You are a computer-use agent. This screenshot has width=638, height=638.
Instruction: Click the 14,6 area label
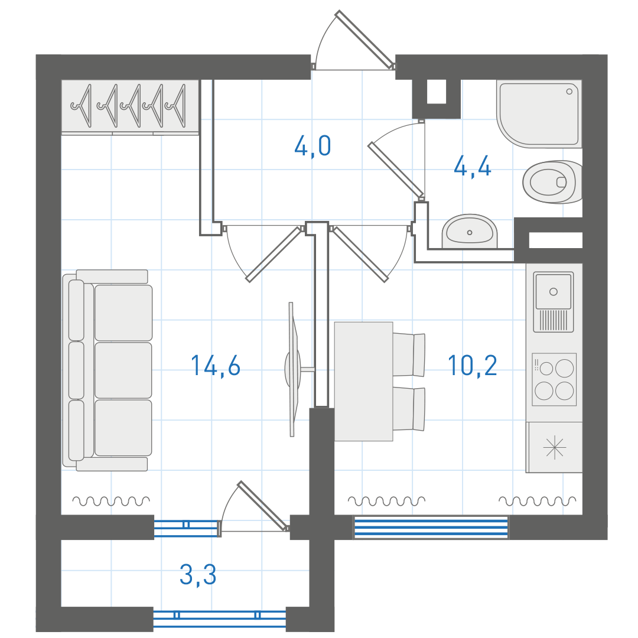tap(216, 366)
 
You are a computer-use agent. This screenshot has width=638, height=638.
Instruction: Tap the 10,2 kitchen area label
tap(473, 366)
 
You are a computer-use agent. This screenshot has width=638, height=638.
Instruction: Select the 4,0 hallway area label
tap(313, 147)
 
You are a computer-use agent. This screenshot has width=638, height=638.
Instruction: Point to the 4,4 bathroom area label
tap(473, 167)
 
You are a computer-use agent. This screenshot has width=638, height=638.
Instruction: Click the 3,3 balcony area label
tap(198, 575)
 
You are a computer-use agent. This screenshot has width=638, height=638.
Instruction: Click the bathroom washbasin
tap(470, 232)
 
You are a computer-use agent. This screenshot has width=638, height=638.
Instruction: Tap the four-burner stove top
tap(554, 380)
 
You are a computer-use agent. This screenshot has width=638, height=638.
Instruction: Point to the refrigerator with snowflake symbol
tap(554, 447)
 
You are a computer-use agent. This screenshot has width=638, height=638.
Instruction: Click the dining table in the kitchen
tap(363, 381)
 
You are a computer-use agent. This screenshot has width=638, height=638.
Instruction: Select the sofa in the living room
tap(108, 370)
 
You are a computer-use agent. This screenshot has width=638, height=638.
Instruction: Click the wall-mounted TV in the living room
tap(292, 369)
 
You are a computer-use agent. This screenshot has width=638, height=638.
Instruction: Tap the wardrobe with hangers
tap(130, 107)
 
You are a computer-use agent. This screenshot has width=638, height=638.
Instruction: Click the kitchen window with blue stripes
tap(431, 528)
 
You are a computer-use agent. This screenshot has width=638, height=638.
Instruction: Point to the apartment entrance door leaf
tap(365, 40)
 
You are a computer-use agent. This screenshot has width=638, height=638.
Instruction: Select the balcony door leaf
tap(263, 506)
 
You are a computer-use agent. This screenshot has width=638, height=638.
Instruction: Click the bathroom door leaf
tap(395, 169)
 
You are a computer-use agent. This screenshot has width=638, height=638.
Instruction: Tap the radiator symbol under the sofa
tap(111, 501)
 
